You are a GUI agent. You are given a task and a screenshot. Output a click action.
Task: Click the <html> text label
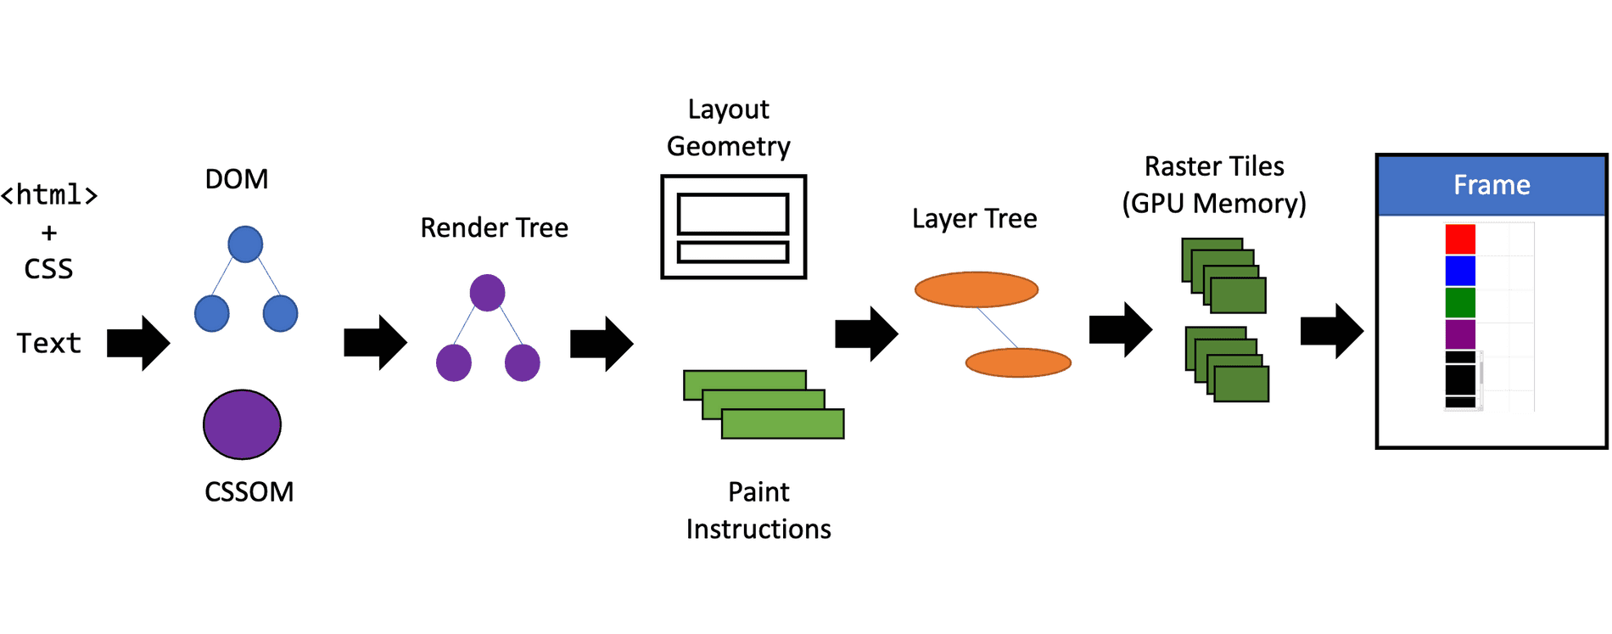point(49,195)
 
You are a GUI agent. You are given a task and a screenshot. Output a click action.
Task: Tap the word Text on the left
point(49,344)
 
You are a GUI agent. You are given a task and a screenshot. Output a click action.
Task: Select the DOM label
point(237,179)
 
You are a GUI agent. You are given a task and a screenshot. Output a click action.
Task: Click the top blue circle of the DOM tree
point(245,244)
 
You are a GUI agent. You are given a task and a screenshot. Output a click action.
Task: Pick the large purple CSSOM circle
point(242,424)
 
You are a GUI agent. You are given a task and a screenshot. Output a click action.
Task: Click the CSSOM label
point(249,492)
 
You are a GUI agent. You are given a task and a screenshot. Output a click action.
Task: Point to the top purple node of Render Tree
point(487,293)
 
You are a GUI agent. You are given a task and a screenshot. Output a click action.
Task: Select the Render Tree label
point(494,227)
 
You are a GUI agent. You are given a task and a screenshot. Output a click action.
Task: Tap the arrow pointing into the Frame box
point(1331,331)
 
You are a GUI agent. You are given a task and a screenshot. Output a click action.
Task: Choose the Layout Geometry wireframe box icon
point(733,227)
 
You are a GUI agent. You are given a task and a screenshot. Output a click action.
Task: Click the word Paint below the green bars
point(758,492)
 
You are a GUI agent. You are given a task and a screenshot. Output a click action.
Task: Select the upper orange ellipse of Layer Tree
point(976,289)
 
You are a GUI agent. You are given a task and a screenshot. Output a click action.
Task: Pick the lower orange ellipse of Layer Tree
point(1018,362)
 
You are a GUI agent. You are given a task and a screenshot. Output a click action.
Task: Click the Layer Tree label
point(974,219)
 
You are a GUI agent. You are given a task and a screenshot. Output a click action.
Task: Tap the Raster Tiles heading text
point(1213,166)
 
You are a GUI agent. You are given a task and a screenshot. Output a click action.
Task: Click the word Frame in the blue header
point(1492,185)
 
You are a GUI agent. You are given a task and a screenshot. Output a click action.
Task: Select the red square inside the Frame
point(1460,238)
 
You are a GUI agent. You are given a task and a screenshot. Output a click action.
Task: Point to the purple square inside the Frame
point(1460,334)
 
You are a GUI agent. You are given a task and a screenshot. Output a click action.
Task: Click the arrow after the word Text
point(138,343)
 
